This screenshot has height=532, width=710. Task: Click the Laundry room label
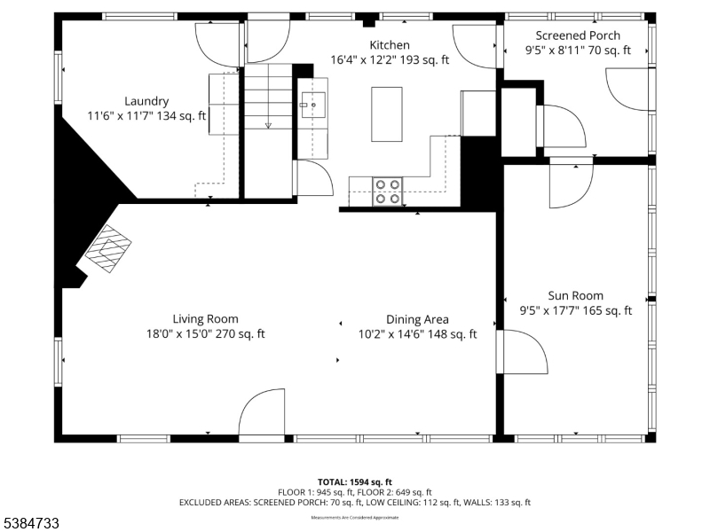point(146,101)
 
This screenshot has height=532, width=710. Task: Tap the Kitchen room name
point(390,45)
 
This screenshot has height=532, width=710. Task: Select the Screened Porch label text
point(578,35)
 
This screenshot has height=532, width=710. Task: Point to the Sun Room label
point(575,295)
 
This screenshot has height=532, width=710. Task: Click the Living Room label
point(205,319)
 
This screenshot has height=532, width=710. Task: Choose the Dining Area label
point(417,319)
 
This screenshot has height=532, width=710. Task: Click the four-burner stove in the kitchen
point(388,192)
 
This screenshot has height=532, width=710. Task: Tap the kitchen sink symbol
point(313,104)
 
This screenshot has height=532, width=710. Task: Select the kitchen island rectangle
point(386,113)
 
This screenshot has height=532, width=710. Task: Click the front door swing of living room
point(262,412)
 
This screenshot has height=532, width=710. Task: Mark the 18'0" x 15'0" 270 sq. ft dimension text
point(205,334)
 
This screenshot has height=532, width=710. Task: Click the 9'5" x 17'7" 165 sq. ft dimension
point(575,310)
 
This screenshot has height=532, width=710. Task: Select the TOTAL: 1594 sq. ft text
point(354,481)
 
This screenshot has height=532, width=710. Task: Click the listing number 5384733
point(31,524)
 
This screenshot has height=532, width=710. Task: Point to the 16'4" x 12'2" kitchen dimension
point(390,60)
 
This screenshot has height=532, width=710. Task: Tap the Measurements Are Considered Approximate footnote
point(354,517)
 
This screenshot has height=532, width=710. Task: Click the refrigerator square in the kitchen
point(477,113)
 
